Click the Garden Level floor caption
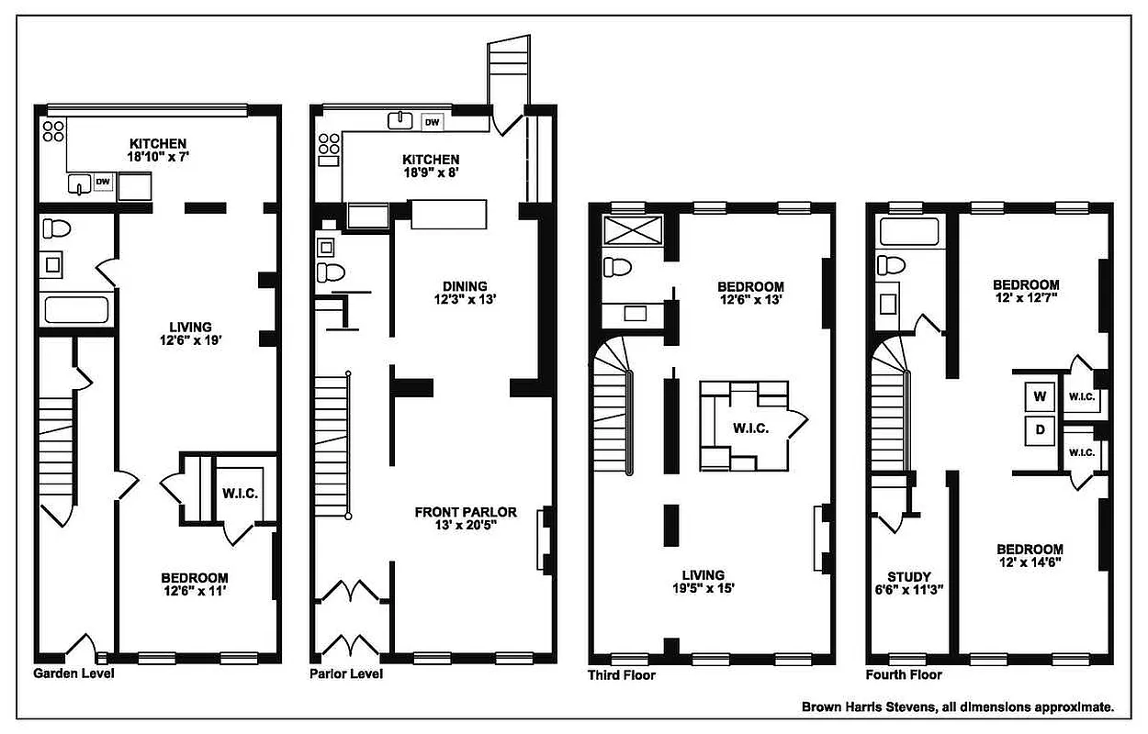(x=73, y=673)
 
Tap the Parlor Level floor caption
(x=346, y=673)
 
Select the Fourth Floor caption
(x=904, y=674)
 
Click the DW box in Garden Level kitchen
(x=103, y=183)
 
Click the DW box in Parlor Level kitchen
(x=431, y=121)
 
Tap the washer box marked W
(x=1040, y=396)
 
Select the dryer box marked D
(x=1040, y=429)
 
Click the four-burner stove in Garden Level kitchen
(x=52, y=130)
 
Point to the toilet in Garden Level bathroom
(x=57, y=228)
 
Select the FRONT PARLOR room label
(x=465, y=512)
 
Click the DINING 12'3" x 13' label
(x=463, y=293)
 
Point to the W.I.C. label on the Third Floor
(x=750, y=428)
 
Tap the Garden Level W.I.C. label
(x=240, y=494)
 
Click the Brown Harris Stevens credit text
(x=958, y=706)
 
